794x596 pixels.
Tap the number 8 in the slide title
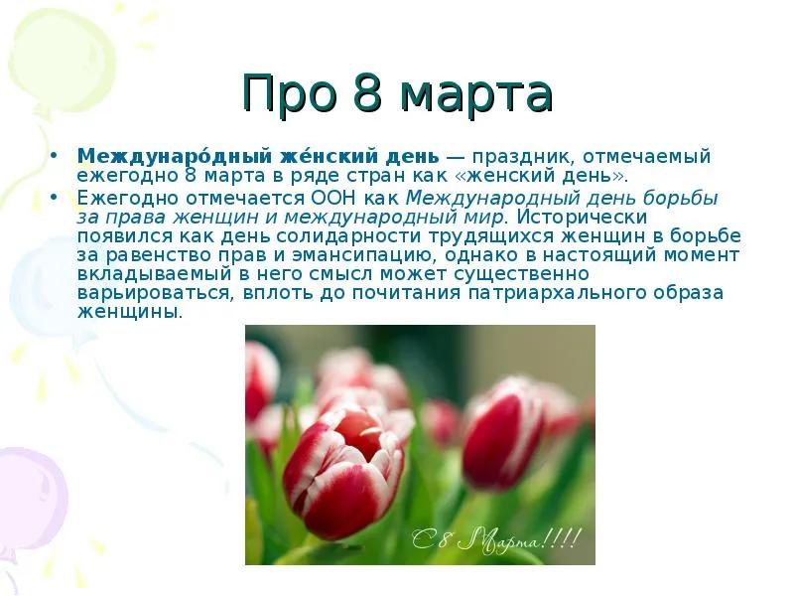tap(367, 93)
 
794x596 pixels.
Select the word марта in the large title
tap(476, 96)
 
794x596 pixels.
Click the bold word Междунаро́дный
tap(176, 156)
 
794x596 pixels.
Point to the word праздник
tap(519, 157)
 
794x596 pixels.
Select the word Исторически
tap(583, 217)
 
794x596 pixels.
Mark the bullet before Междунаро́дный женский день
tap(55, 155)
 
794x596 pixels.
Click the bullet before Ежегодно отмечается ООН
tap(55, 196)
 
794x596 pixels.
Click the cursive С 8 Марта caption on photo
tap(495, 539)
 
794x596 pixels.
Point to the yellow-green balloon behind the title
tap(61, 60)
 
